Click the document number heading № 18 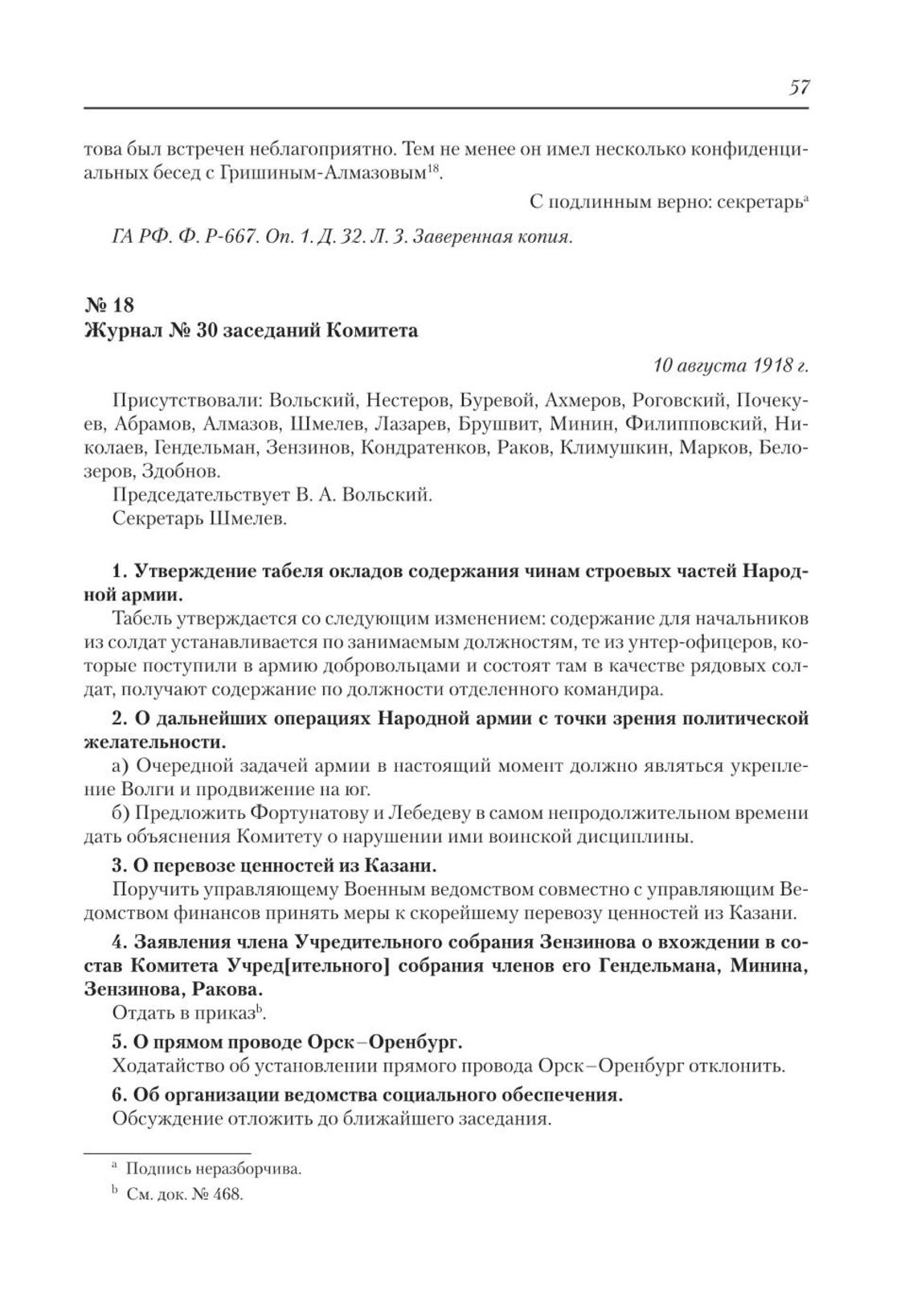(109, 305)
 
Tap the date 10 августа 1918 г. (731, 366)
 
